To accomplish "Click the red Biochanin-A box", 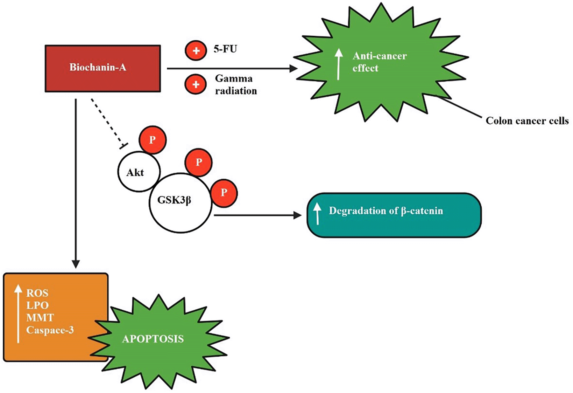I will coord(102,68).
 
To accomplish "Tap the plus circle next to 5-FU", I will coord(196,50).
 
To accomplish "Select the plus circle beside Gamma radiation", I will coord(196,84).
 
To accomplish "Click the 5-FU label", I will coord(225,49).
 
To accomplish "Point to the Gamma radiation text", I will coord(235,84).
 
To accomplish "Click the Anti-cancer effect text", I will coord(379,62).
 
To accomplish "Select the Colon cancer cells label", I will coord(527,121).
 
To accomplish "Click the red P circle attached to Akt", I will coord(153,140).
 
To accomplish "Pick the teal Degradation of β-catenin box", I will coord(394,215).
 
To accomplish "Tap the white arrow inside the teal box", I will coord(317,213).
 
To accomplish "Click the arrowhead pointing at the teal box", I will coord(297,215).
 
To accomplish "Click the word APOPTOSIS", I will coord(153,339).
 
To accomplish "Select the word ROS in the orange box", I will coord(37,293).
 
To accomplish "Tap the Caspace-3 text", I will coord(50,330).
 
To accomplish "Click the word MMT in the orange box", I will coord(40,318).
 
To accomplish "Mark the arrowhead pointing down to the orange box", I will coord(76,264).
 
